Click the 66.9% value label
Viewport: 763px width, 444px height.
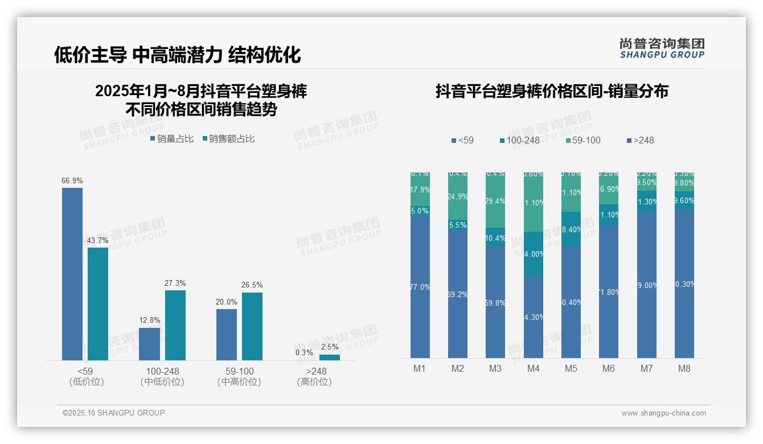(72, 180)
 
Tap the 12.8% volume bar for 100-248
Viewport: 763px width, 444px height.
(150, 344)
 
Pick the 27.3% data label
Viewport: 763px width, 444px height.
(175, 283)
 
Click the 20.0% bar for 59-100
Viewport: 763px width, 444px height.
(227, 334)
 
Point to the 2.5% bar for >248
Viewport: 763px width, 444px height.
(330, 357)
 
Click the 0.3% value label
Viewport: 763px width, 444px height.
(305, 352)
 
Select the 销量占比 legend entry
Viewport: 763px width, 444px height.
(172, 138)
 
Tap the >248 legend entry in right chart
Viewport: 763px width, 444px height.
(640, 140)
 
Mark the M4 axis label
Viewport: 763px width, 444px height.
(533, 368)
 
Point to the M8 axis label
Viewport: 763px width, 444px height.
(684, 368)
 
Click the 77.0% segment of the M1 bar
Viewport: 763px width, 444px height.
(420, 285)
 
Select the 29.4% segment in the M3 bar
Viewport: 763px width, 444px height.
(495, 201)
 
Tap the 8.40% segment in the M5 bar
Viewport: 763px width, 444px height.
(571, 229)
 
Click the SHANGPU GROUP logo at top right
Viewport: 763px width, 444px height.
(662, 48)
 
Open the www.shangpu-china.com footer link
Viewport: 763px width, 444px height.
(663, 413)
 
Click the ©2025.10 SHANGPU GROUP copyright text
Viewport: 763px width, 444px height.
(114, 413)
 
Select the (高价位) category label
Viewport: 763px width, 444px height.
(314, 382)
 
